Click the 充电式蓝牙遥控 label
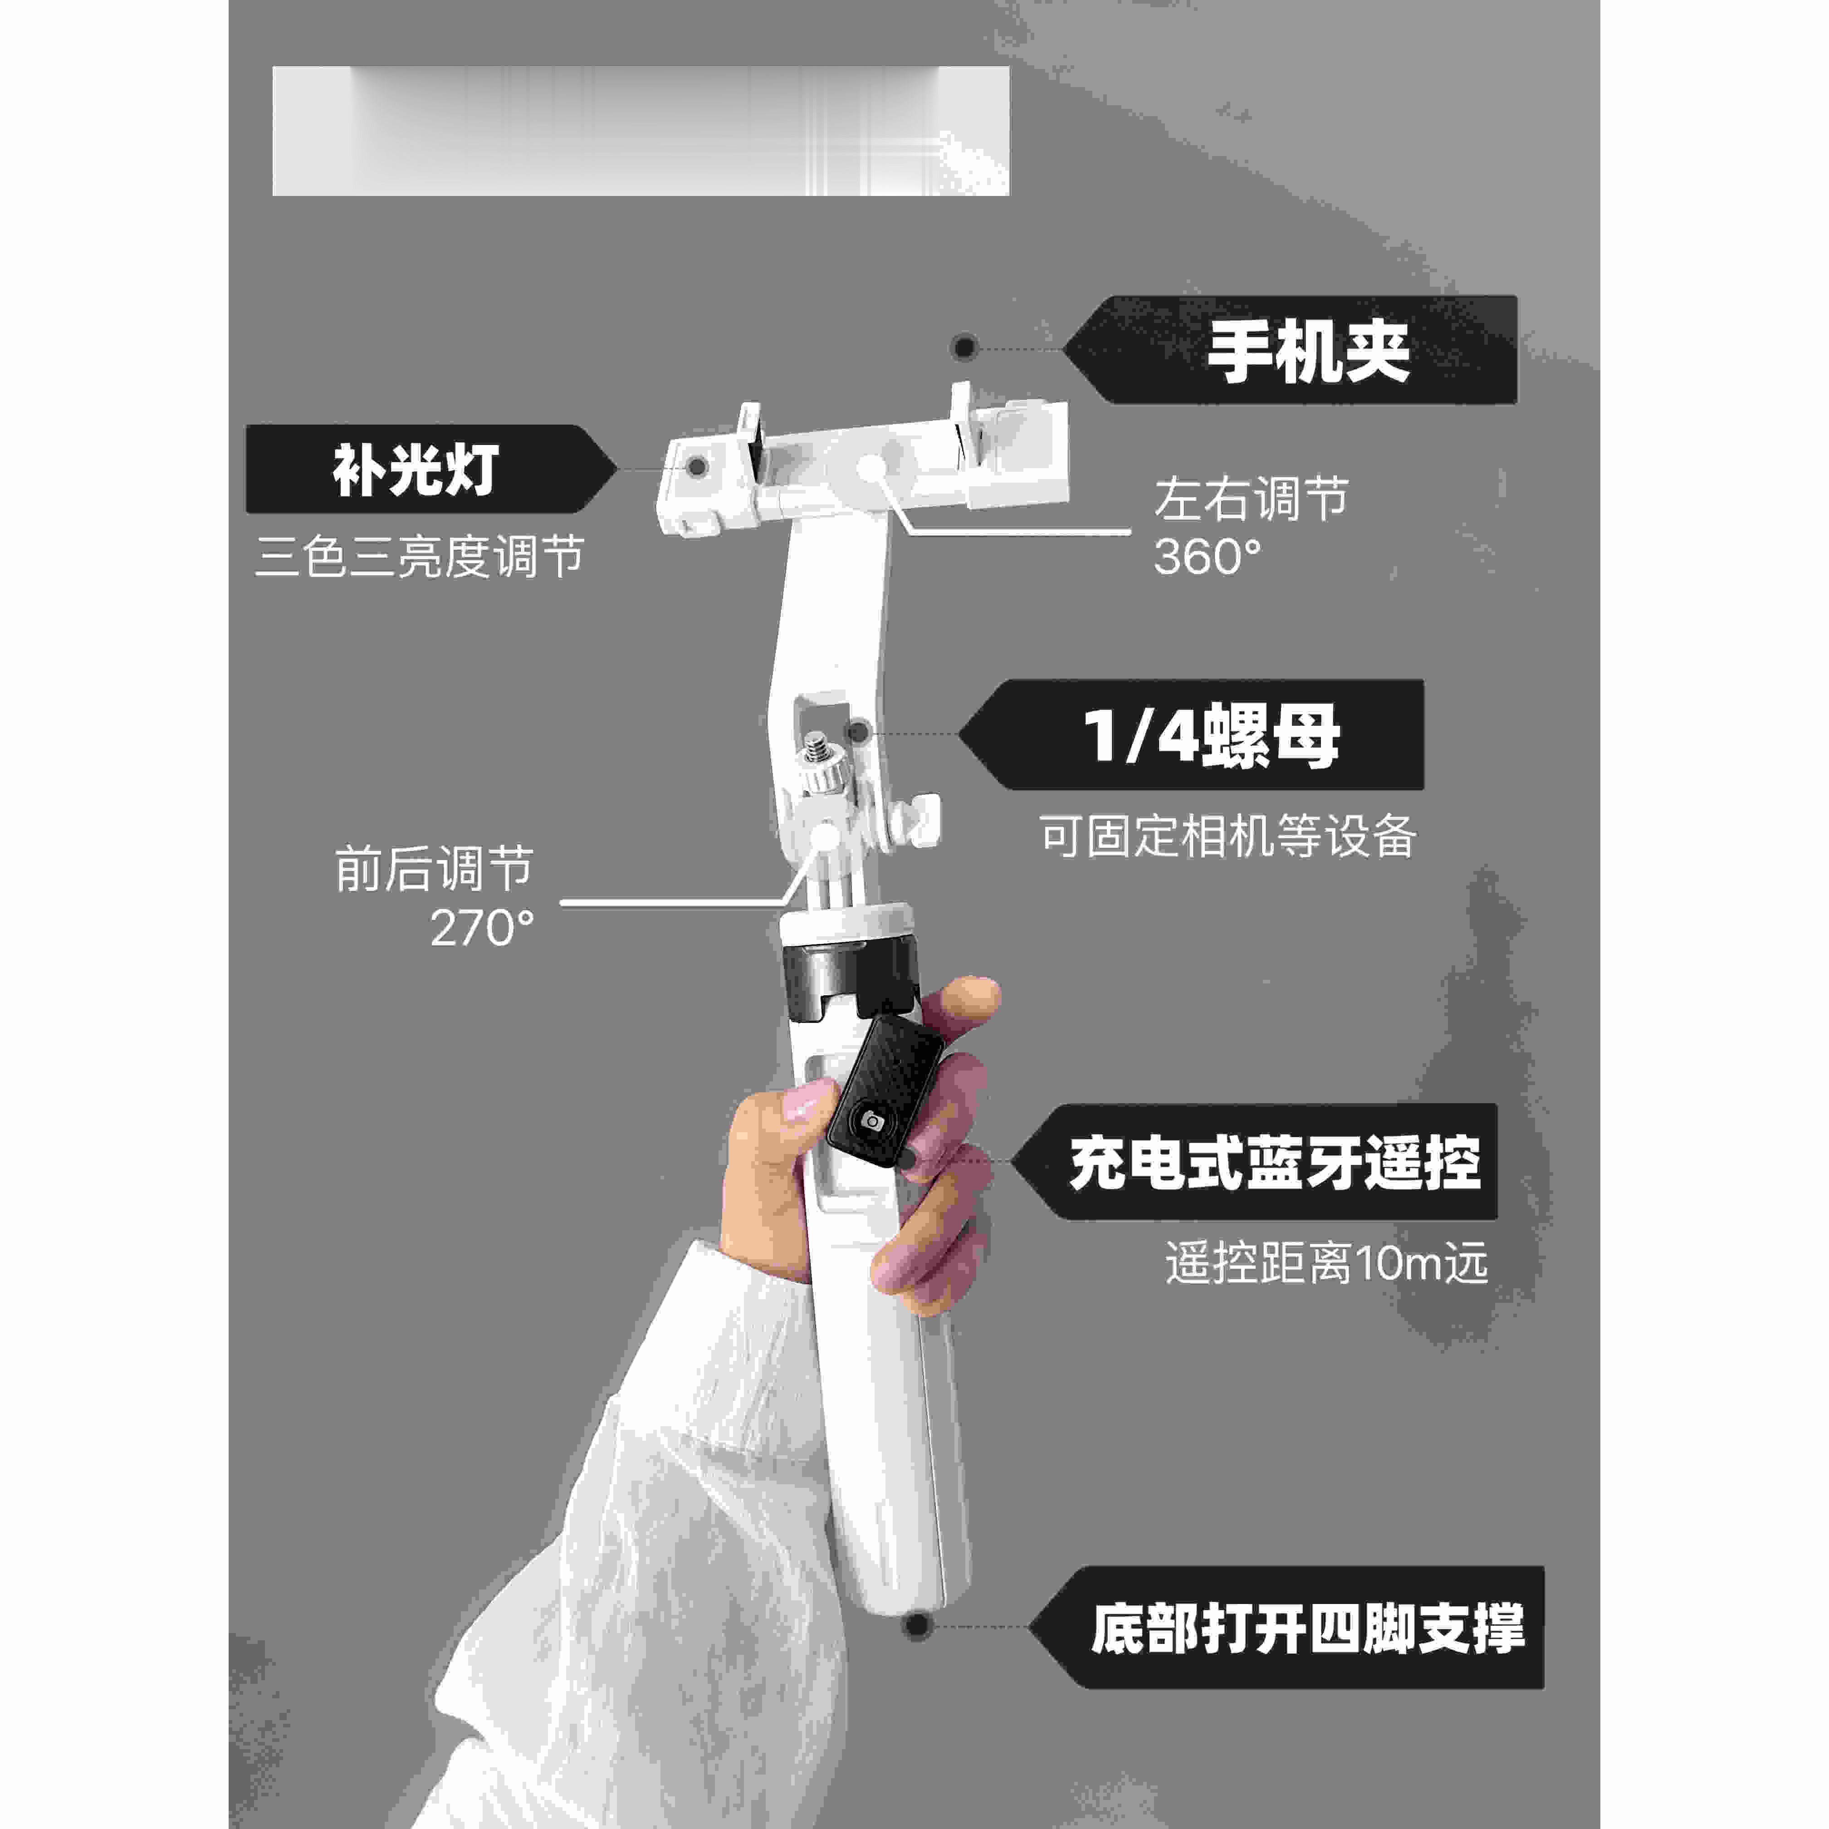(1273, 1163)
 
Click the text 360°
(1207, 557)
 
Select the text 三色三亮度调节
(420, 557)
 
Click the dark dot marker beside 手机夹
(964, 347)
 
